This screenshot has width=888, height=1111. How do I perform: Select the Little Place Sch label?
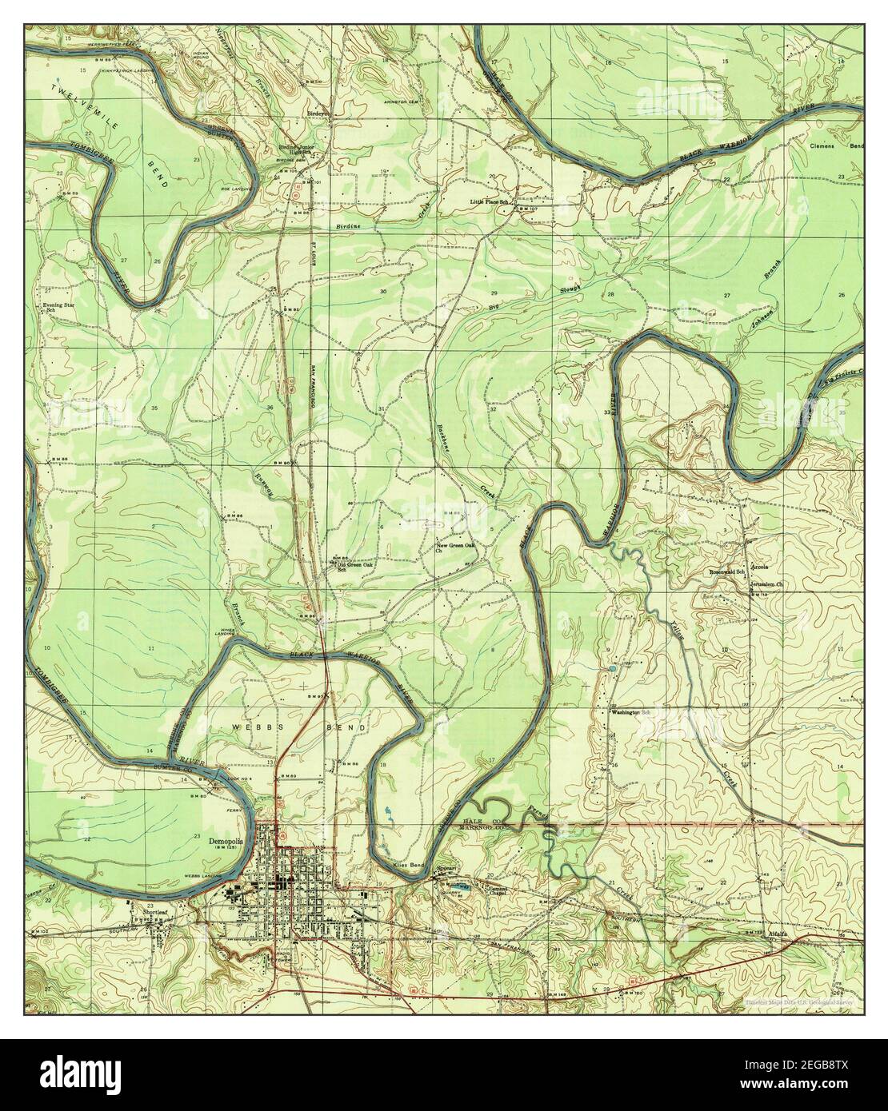point(490,202)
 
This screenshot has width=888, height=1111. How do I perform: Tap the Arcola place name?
point(758,567)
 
